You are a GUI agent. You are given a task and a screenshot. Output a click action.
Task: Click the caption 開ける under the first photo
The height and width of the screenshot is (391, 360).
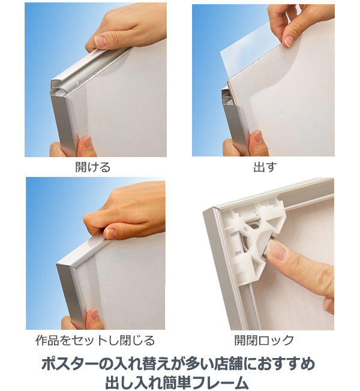(x=93, y=167)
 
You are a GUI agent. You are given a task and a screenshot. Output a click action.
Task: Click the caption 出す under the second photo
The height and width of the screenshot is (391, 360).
(x=265, y=167)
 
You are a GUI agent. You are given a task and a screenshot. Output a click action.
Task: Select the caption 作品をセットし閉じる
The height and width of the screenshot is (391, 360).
(x=95, y=341)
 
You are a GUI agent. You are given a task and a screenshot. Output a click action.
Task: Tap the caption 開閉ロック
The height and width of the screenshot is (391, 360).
(x=264, y=341)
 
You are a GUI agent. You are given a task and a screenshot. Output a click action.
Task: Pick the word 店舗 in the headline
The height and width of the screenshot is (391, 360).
(x=228, y=364)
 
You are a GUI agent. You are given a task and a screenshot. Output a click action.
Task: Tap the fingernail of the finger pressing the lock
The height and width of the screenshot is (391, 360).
(x=277, y=250)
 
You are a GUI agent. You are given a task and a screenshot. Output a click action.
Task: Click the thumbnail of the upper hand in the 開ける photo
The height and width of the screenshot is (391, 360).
(x=101, y=41)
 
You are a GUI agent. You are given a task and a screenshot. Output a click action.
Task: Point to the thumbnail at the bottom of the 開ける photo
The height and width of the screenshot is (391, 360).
(x=88, y=142)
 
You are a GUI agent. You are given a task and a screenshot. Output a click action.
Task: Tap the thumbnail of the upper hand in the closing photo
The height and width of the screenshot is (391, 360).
(x=110, y=234)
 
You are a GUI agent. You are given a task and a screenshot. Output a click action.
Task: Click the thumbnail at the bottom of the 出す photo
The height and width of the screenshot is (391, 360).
(x=259, y=137)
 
